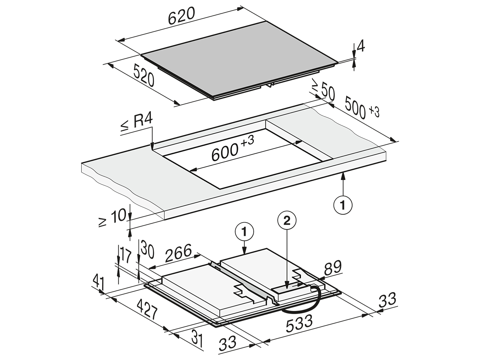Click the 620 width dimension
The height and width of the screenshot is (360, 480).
(x=181, y=16)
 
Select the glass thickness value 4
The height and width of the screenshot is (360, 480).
(x=361, y=46)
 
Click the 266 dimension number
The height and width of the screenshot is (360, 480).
(x=178, y=253)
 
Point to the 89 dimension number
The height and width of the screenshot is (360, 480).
(x=333, y=268)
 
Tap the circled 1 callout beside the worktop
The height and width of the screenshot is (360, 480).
(x=343, y=205)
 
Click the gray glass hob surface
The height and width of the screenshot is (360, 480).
(x=238, y=59)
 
